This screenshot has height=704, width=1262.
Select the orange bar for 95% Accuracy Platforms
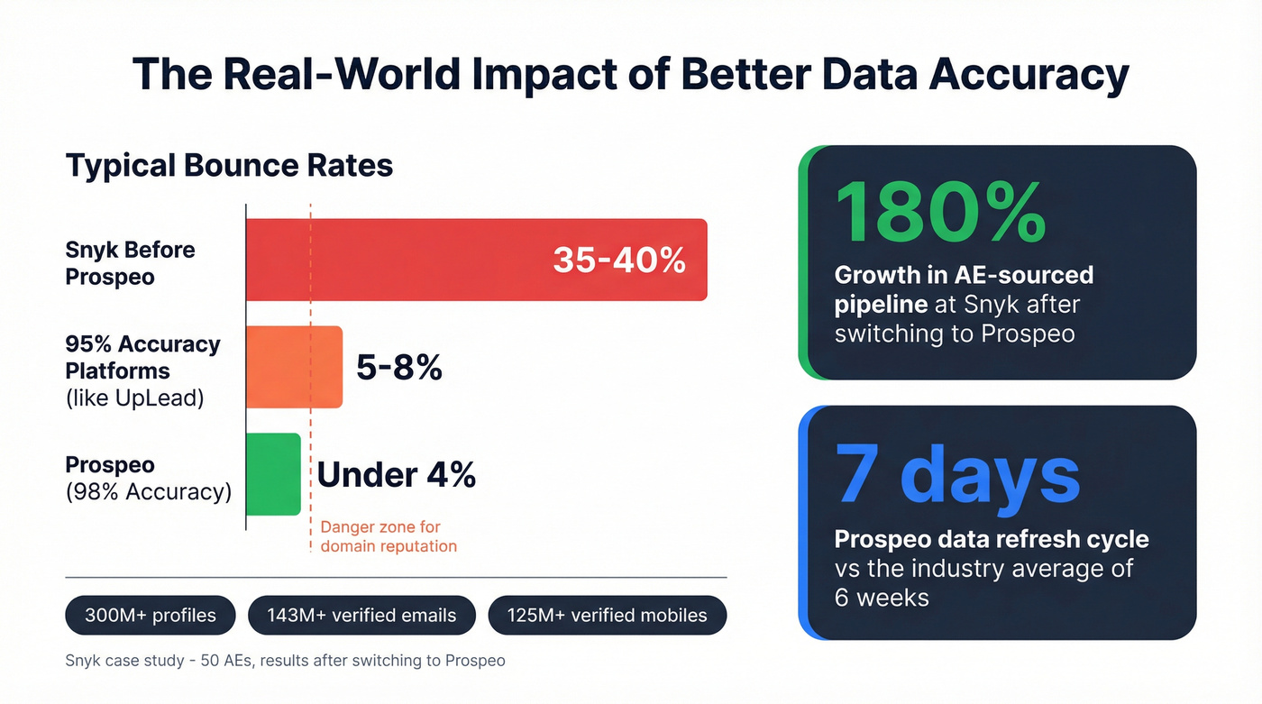click(x=294, y=367)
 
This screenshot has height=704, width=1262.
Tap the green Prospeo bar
click(x=273, y=474)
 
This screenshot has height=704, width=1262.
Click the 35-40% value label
click(x=619, y=260)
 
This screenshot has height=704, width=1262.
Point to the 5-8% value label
click(x=399, y=367)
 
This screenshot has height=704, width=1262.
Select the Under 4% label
click(x=397, y=474)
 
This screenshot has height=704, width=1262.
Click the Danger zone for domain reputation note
click(x=388, y=536)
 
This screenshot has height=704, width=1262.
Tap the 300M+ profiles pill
click(x=151, y=616)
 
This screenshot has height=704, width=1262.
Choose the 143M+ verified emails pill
click(x=361, y=616)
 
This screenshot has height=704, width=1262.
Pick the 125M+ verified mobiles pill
click(x=607, y=616)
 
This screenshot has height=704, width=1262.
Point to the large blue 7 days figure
click(x=957, y=473)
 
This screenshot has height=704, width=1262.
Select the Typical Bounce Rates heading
click(x=229, y=166)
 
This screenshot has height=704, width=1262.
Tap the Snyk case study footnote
click(x=285, y=661)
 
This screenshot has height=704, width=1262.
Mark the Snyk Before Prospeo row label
click(x=130, y=263)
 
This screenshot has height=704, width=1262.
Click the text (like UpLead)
click(x=134, y=398)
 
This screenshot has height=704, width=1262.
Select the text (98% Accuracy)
click(x=148, y=492)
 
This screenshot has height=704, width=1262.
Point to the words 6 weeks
click(x=882, y=598)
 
